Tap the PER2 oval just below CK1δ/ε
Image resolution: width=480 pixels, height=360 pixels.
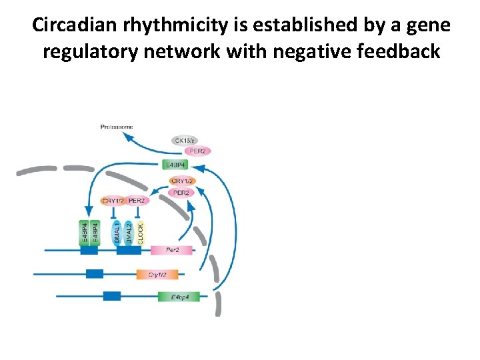click(197, 151)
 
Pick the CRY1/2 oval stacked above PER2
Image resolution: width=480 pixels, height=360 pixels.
click(183, 181)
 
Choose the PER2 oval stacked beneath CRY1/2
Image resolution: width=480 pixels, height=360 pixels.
click(181, 193)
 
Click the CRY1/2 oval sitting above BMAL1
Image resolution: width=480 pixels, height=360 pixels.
click(113, 201)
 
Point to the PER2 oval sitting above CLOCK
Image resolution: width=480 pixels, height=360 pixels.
click(137, 201)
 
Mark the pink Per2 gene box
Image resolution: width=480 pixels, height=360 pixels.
click(171, 251)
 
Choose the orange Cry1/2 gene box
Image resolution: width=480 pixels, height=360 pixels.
click(157, 274)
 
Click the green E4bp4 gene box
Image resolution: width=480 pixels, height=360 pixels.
click(179, 297)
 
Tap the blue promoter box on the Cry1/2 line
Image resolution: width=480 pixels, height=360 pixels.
click(94, 273)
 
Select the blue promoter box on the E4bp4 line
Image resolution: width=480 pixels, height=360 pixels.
click(111, 296)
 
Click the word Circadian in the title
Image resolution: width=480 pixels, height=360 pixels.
click(73, 26)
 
